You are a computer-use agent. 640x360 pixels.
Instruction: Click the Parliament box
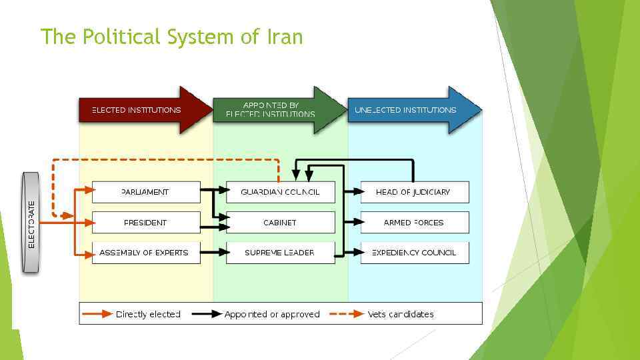pyautogui.click(x=145, y=192)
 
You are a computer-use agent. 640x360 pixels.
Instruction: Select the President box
pyautogui.click(x=145, y=223)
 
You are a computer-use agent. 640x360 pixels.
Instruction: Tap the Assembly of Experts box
pyautogui.click(x=145, y=253)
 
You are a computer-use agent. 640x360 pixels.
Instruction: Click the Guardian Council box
pyautogui.click(x=280, y=192)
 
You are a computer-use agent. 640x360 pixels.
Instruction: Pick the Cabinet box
pyautogui.click(x=280, y=223)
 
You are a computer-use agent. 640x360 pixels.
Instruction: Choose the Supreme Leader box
pyautogui.click(x=280, y=253)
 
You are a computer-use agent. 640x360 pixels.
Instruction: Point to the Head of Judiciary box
pyautogui.click(x=414, y=192)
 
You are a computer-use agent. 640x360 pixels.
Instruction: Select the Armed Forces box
pyautogui.click(x=414, y=223)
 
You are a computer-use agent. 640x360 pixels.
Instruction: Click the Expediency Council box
pyautogui.click(x=414, y=253)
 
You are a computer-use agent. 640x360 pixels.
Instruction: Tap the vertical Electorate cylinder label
pyautogui.click(x=31, y=223)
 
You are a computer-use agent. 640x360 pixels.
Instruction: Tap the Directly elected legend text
pyautogui.click(x=148, y=314)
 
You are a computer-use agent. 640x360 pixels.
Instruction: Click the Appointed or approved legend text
pyautogui.click(x=272, y=314)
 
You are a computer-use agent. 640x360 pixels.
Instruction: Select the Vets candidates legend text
pyautogui.click(x=401, y=314)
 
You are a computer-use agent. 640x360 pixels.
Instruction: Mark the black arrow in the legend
pyautogui.click(x=207, y=314)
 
